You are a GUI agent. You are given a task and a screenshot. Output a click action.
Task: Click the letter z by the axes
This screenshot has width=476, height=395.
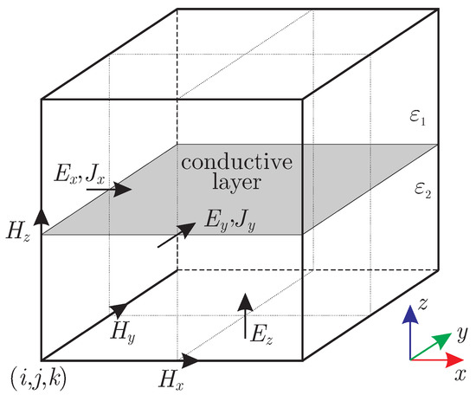point(422,304)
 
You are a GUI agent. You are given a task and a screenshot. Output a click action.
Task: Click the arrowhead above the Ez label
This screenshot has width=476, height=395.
point(245,301)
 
